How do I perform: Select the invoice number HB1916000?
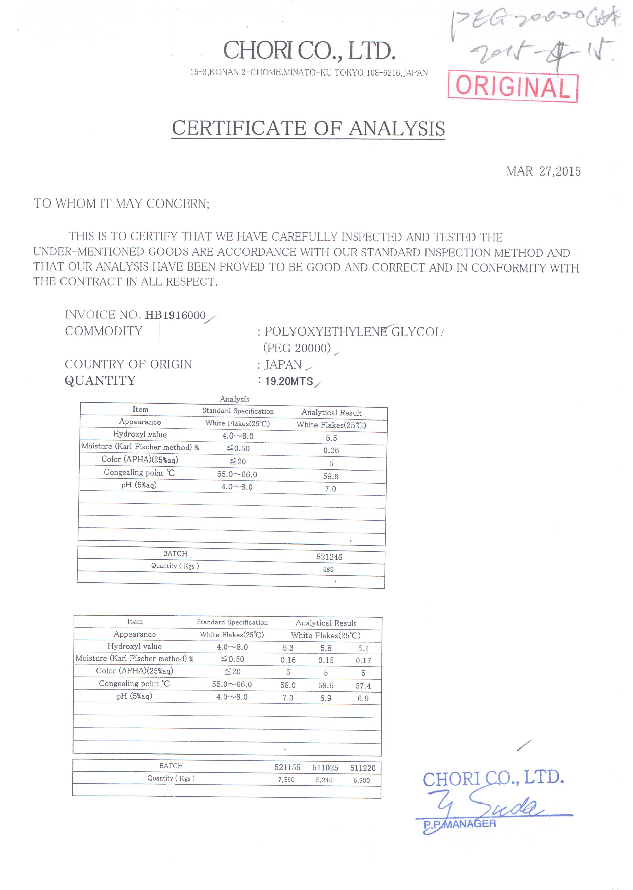[175, 315]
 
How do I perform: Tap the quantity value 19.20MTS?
[289, 381]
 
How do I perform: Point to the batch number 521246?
[329, 557]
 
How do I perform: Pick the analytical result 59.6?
[331, 476]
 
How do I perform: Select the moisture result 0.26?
[331, 450]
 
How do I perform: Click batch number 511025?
[325, 768]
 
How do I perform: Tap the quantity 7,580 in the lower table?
[286, 780]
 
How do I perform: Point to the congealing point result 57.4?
[363, 686]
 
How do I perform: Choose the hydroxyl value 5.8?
[326, 648]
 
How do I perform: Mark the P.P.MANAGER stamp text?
[460, 824]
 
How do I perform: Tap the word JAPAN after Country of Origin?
[283, 365]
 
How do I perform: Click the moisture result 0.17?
[363, 661]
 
